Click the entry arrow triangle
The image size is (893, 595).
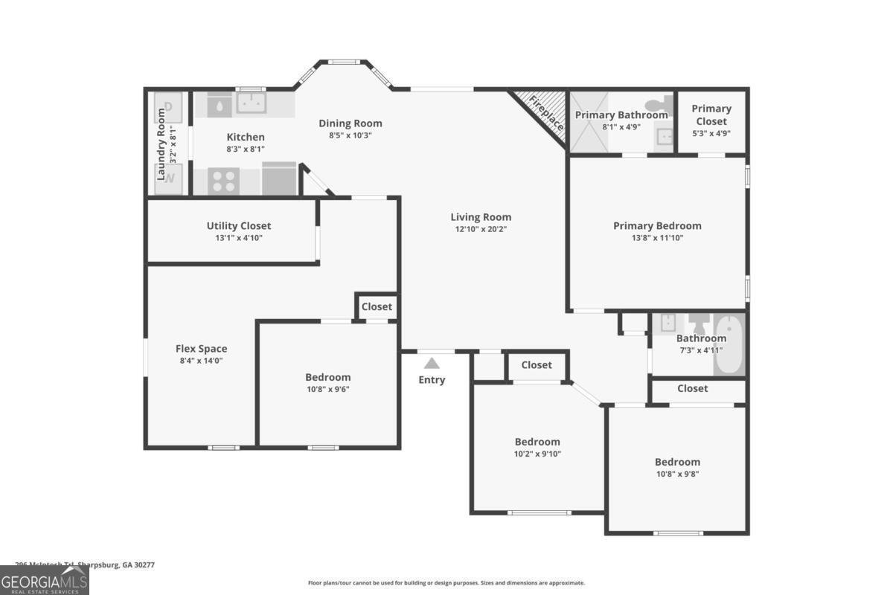[x=432, y=363]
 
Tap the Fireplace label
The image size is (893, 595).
[x=545, y=113]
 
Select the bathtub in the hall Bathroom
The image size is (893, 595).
[x=729, y=344]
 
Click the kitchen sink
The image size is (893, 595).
[x=252, y=103]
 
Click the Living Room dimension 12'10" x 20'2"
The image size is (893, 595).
[x=481, y=229]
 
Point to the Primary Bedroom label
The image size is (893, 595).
[x=657, y=226]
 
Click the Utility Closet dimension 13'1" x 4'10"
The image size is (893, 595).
[x=239, y=238]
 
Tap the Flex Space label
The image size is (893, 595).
[x=201, y=349]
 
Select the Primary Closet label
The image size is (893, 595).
[x=711, y=115]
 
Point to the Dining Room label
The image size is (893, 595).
[x=351, y=123]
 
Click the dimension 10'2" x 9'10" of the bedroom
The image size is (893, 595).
[x=537, y=454]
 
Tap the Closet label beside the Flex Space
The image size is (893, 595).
[x=377, y=306]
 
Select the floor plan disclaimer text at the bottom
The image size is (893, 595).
[x=446, y=583]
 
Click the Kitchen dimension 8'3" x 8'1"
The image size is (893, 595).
[x=246, y=149]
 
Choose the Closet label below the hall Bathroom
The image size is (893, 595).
[x=692, y=388]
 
